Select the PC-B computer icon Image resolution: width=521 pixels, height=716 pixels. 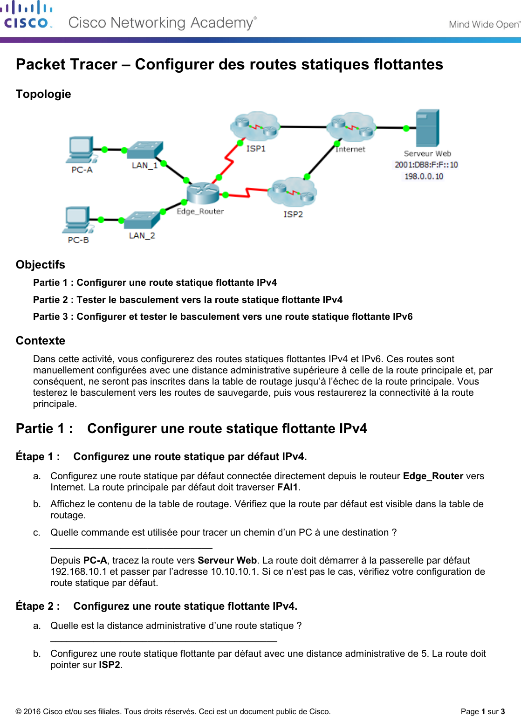[77, 220]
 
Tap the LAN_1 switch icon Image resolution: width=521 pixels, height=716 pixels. [145, 150]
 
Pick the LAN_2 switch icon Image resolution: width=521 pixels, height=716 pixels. [142, 220]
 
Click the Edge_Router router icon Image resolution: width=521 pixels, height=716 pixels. [203, 193]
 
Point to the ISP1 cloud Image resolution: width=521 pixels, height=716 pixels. [255, 126]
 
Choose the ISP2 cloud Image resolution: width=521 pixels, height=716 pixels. [292, 192]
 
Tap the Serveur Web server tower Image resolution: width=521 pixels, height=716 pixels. [427, 128]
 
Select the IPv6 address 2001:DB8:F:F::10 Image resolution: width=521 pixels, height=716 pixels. [426, 165]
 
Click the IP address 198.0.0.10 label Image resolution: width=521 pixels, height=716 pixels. [424, 176]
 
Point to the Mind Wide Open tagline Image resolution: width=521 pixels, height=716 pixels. [484, 24]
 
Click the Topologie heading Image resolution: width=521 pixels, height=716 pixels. [43, 94]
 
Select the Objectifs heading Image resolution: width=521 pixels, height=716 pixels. [41, 265]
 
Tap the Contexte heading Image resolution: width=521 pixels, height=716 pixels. [41, 341]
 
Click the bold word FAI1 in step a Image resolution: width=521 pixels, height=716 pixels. [287, 488]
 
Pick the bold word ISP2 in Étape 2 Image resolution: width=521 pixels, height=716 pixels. [110, 665]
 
